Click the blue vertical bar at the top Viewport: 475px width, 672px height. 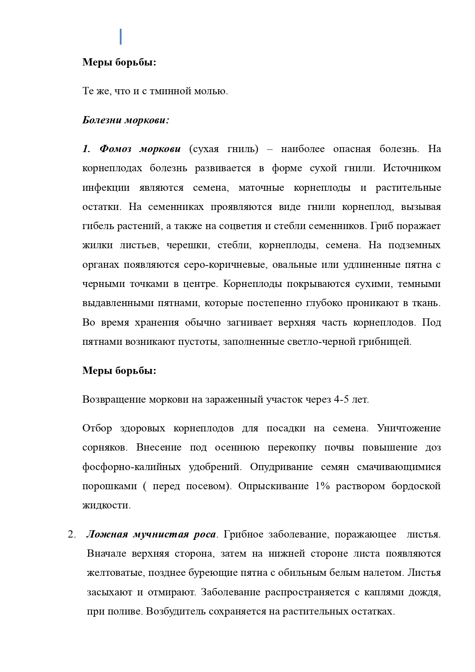(121, 36)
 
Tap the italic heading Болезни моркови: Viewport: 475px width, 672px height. (126, 120)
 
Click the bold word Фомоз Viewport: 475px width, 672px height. (114, 149)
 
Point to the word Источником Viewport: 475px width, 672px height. (412, 168)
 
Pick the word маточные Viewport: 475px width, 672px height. (261, 188)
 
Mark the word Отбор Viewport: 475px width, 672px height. (97, 428)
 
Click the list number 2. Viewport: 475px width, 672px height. (72, 534)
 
